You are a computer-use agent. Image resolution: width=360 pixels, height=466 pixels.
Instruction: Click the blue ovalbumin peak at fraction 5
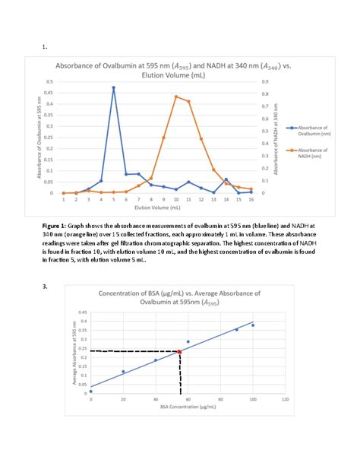[114, 88]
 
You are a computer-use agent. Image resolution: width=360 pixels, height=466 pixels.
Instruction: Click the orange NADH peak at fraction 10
[176, 97]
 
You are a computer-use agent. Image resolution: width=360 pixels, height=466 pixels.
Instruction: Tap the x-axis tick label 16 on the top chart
[251, 199]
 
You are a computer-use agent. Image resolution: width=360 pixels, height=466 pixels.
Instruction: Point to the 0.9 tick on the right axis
[265, 81]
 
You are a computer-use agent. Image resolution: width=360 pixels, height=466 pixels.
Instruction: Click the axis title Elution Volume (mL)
[156, 207]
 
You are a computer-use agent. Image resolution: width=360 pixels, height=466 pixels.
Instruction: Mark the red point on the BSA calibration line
[179, 351]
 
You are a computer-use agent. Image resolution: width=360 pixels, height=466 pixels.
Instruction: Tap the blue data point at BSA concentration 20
[123, 372]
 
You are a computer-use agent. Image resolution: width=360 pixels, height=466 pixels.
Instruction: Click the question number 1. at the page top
[46, 46]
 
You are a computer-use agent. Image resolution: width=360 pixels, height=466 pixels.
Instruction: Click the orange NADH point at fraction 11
[188, 101]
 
